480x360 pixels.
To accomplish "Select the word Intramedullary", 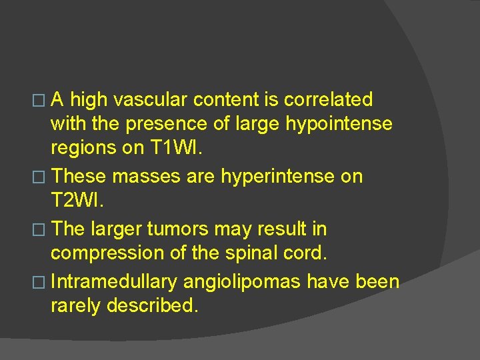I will click(x=114, y=281).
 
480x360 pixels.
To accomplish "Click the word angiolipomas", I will click(x=243, y=281).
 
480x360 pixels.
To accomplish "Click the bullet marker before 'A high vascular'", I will click(x=43, y=101).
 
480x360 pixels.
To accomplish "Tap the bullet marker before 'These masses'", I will click(x=43, y=177).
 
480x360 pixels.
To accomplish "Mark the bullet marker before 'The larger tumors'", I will click(x=43, y=229).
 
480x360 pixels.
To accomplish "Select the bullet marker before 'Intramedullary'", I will click(x=43, y=281).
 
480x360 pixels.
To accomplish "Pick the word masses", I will click(x=139, y=177).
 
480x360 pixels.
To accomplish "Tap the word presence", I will click(x=162, y=125).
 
